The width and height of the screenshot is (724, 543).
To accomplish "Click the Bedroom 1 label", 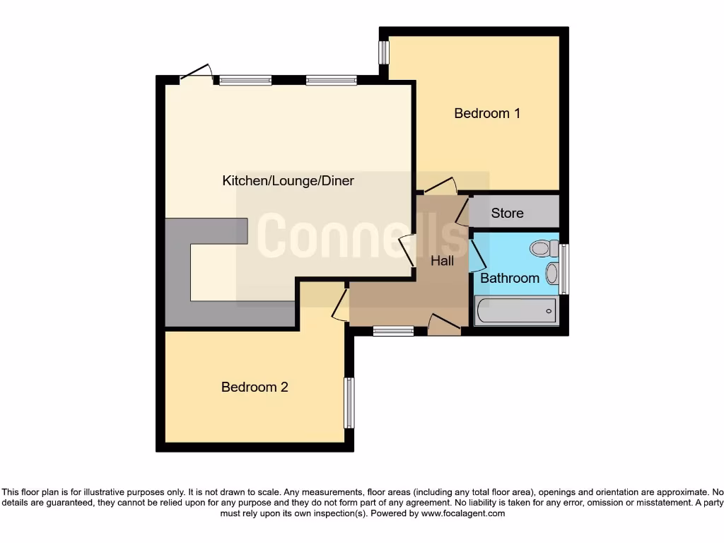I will pyautogui.click(x=487, y=113).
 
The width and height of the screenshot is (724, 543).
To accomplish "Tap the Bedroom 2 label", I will pyautogui.click(x=255, y=387).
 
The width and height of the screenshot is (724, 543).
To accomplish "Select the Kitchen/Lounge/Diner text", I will pyautogui.click(x=288, y=181).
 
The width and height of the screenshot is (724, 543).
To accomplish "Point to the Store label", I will pyautogui.click(x=507, y=213).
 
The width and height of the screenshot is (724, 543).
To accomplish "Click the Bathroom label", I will pyautogui.click(x=509, y=278).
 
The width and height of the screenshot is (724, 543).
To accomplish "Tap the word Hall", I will pyautogui.click(x=443, y=261).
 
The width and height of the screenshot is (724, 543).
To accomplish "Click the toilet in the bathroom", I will pyautogui.click(x=542, y=248).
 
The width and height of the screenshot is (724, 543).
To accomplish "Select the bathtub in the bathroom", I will pyautogui.click(x=515, y=310).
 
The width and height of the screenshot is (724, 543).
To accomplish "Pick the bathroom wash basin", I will pyautogui.click(x=551, y=274).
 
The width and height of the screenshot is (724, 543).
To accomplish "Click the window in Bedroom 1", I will pyautogui.click(x=384, y=52).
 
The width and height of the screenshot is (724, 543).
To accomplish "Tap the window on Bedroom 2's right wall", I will pyautogui.click(x=349, y=402).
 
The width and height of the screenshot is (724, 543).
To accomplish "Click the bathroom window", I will pyautogui.click(x=564, y=269).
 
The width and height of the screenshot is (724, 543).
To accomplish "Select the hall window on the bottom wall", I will pyautogui.click(x=393, y=330).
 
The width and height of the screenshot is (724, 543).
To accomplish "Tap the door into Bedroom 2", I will pyautogui.click(x=340, y=304).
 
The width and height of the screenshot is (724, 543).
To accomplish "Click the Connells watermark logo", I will pyautogui.click(x=362, y=235).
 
